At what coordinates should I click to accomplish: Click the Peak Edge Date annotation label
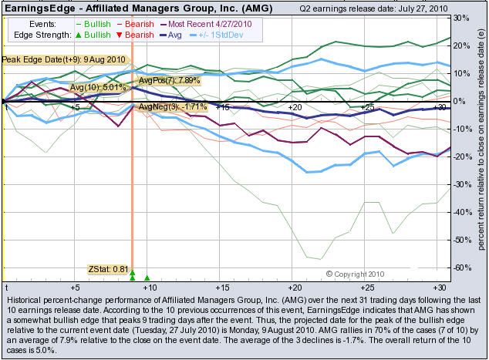tap(63, 59)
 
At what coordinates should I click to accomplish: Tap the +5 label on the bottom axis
tap(74, 286)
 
